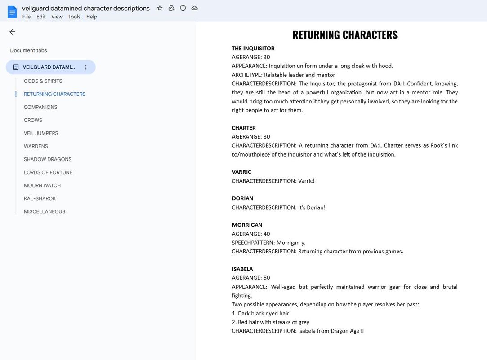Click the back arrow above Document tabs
point(12,32)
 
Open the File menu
point(27,17)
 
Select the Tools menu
point(74,17)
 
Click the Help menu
point(92,17)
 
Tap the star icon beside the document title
point(160,8)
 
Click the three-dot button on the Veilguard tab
point(86,67)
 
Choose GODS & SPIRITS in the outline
point(43,81)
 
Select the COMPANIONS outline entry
point(40,107)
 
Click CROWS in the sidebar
point(33,120)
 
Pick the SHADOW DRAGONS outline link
point(48,159)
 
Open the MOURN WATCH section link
point(42,185)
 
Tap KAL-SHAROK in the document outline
point(40,198)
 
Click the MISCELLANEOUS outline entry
point(45,211)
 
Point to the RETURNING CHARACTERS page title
point(345,35)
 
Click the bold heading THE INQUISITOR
point(253,49)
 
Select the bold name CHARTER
point(244,128)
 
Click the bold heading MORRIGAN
point(247,225)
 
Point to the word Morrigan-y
point(291,243)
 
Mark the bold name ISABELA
point(242,269)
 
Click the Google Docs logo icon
point(12,12)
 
